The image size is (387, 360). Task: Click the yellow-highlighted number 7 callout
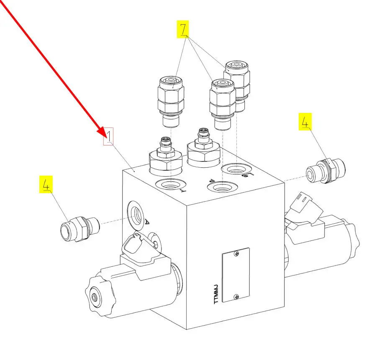(x=183, y=30)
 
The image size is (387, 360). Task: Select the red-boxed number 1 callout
(x=108, y=137)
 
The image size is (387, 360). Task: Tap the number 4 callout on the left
(x=46, y=185)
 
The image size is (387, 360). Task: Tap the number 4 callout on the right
(x=305, y=122)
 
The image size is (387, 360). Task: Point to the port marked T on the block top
(x=170, y=184)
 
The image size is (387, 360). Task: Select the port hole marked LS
(x=236, y=170)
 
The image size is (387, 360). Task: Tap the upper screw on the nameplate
(x=237, y=253)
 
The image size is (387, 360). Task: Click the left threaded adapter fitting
(x=79, y=229)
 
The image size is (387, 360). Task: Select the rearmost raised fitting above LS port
(x=237, y=82)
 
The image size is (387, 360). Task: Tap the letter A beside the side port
(x=147, y=222)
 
